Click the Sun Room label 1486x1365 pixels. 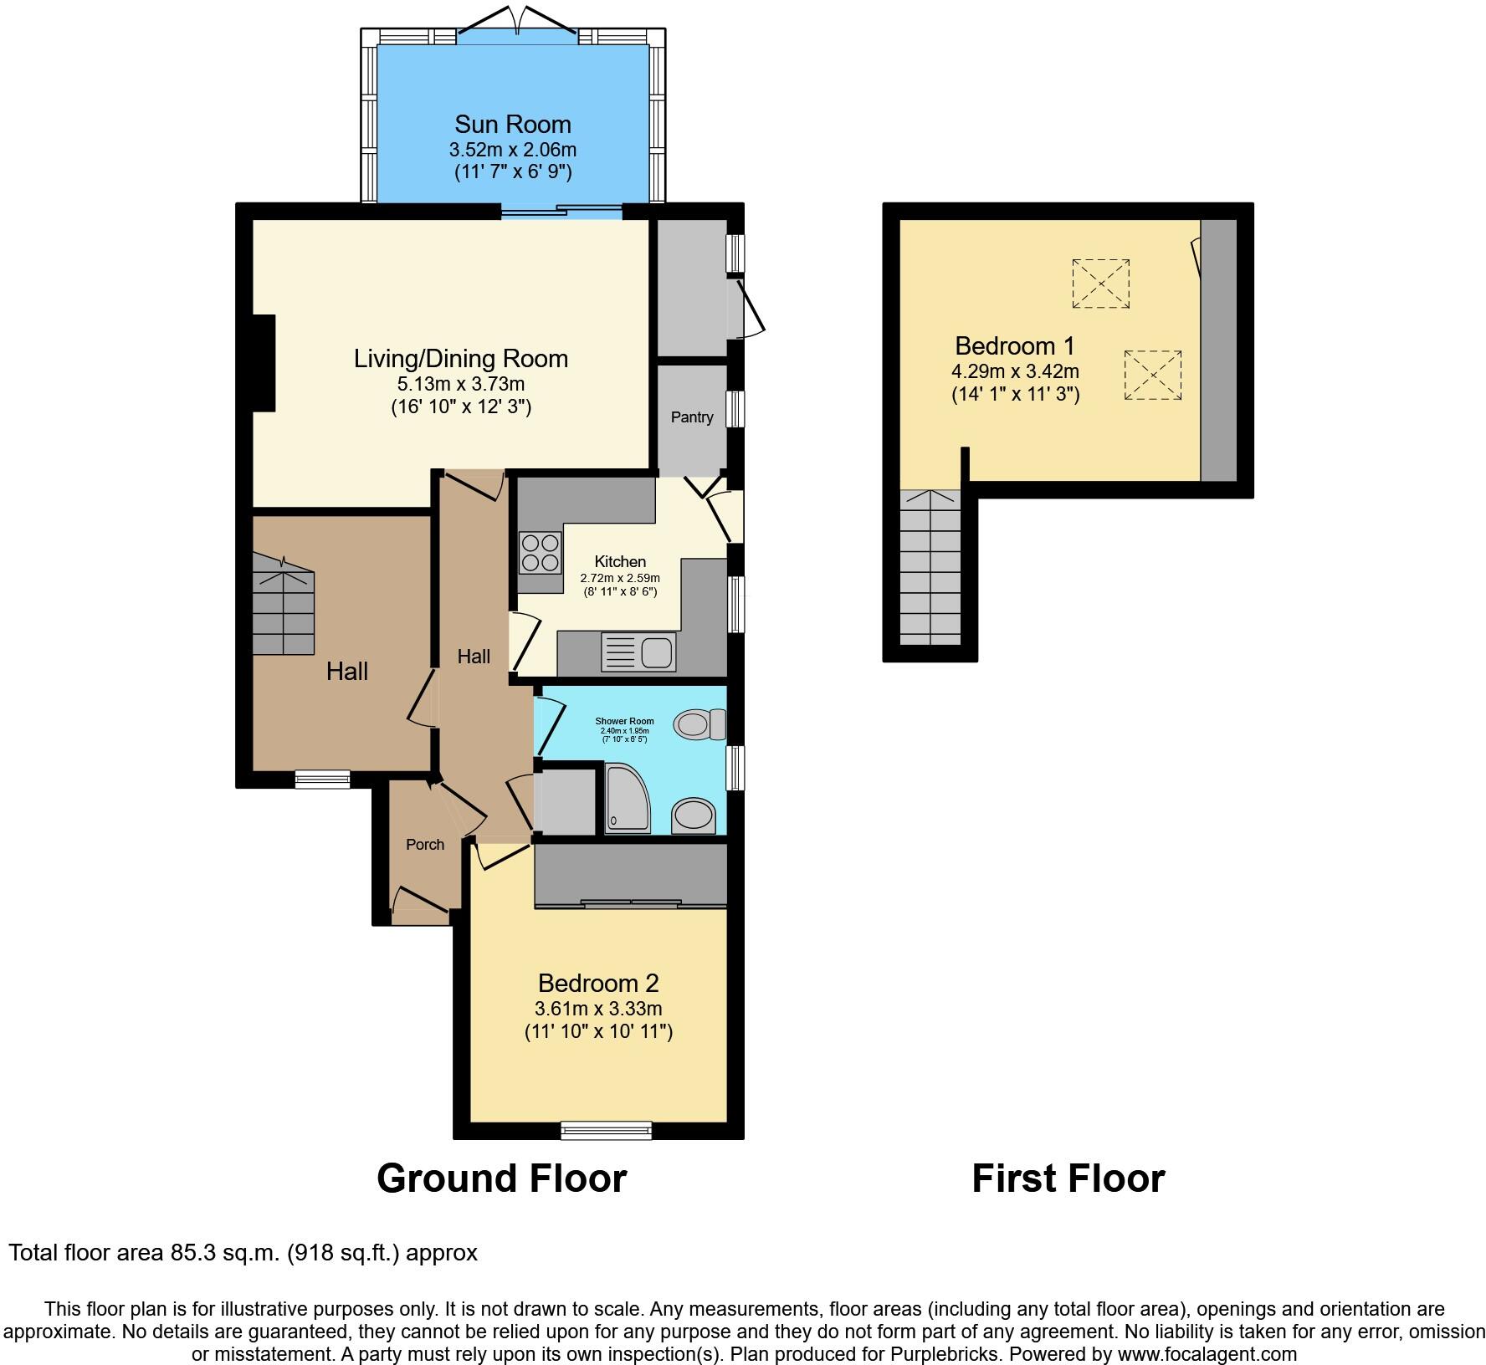point(512,125)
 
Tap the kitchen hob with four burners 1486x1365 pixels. point(540,553)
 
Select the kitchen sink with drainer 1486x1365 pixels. point(638,652)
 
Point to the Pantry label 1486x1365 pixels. point(692,417)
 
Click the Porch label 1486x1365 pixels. point(425,845)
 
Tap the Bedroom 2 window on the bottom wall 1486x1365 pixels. point(606,1131)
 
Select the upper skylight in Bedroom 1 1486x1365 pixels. point(1100,284)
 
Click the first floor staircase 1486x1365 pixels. point(930,569)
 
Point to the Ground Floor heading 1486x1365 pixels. point(501,1178)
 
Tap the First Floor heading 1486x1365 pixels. point(1068,1178)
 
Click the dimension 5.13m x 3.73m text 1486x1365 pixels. point(461,385)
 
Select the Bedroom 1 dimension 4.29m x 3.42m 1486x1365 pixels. point(1015,371)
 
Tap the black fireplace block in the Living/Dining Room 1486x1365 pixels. point(264,363)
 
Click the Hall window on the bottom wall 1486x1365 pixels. point(322,780)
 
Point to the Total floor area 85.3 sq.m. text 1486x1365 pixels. point(243,1253)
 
